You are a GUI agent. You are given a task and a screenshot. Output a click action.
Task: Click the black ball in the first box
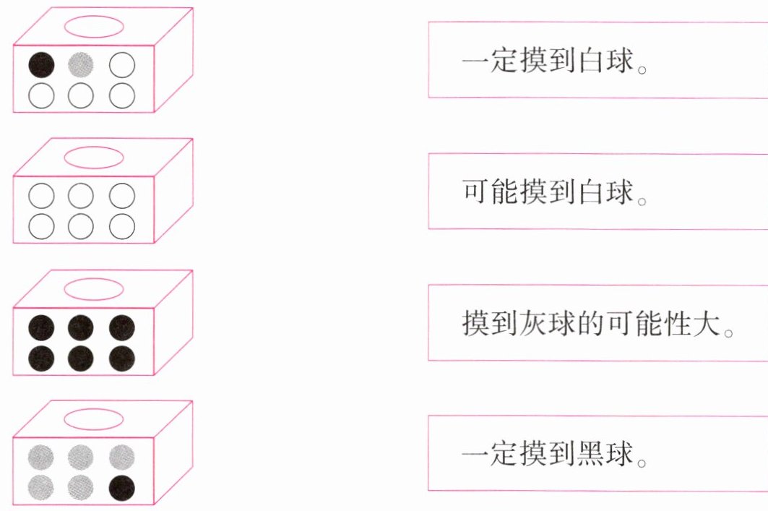41,66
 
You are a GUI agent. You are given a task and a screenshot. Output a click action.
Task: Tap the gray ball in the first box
82,66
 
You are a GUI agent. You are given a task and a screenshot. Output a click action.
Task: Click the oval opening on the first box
94,26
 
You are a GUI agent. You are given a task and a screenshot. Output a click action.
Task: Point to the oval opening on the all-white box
94,156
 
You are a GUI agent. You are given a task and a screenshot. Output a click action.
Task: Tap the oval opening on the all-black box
94,288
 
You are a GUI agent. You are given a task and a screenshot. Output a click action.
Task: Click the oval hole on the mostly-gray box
94,419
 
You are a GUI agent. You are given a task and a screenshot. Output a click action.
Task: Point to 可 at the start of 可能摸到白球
475,192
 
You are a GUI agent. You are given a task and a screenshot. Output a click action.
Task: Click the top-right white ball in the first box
122,66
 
